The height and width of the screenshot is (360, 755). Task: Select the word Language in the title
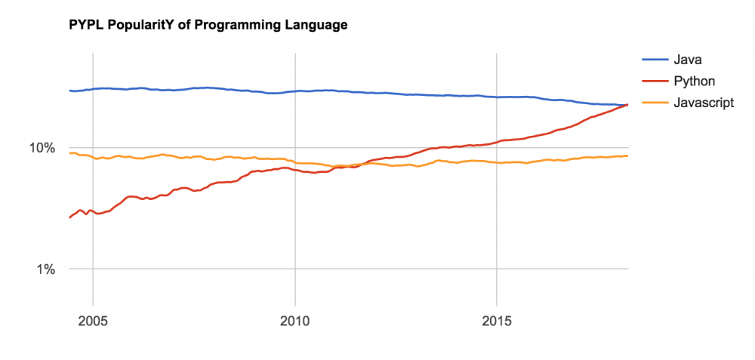(x=315, y=26)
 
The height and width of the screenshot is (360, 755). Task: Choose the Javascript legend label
(x=703, y=103)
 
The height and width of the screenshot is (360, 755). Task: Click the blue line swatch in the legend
(x=654, y=58)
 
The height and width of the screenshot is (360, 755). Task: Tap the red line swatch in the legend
(x=654, y=81)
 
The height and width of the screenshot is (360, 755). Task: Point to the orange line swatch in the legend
(x=654, y=103)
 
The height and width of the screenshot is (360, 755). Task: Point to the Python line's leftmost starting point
(x=69, y=217)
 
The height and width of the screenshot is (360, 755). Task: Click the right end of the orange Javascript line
(x=627, y=155)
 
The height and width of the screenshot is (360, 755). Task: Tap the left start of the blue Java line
(x=69, y=91)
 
